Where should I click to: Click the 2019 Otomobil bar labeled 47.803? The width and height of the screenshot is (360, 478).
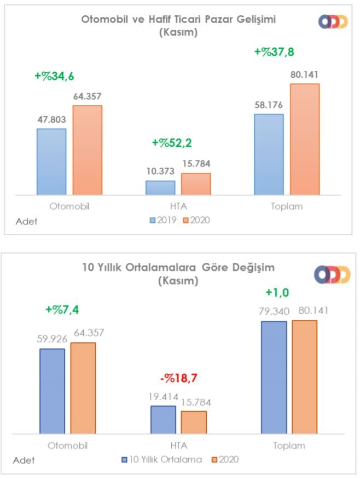(51, 162)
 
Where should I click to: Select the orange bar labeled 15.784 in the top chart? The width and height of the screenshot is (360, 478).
(195, 184)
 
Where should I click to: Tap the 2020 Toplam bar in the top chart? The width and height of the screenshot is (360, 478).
(305, 139)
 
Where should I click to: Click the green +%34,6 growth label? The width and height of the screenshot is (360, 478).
(55, 76)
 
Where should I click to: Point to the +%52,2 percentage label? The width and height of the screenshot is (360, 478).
(172, 143)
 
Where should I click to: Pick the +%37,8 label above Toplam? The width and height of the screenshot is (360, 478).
(275, 52)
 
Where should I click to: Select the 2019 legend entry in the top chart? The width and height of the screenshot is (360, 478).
(161, 220)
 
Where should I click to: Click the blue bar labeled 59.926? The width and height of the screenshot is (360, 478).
(52, 391)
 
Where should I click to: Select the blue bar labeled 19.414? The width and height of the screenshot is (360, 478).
(163, 419)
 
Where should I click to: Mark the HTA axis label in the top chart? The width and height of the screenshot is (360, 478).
(178, 207)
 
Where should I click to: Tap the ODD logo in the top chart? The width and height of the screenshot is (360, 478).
(334, 21)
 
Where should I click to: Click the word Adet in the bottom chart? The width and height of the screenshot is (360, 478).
(24, 460)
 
